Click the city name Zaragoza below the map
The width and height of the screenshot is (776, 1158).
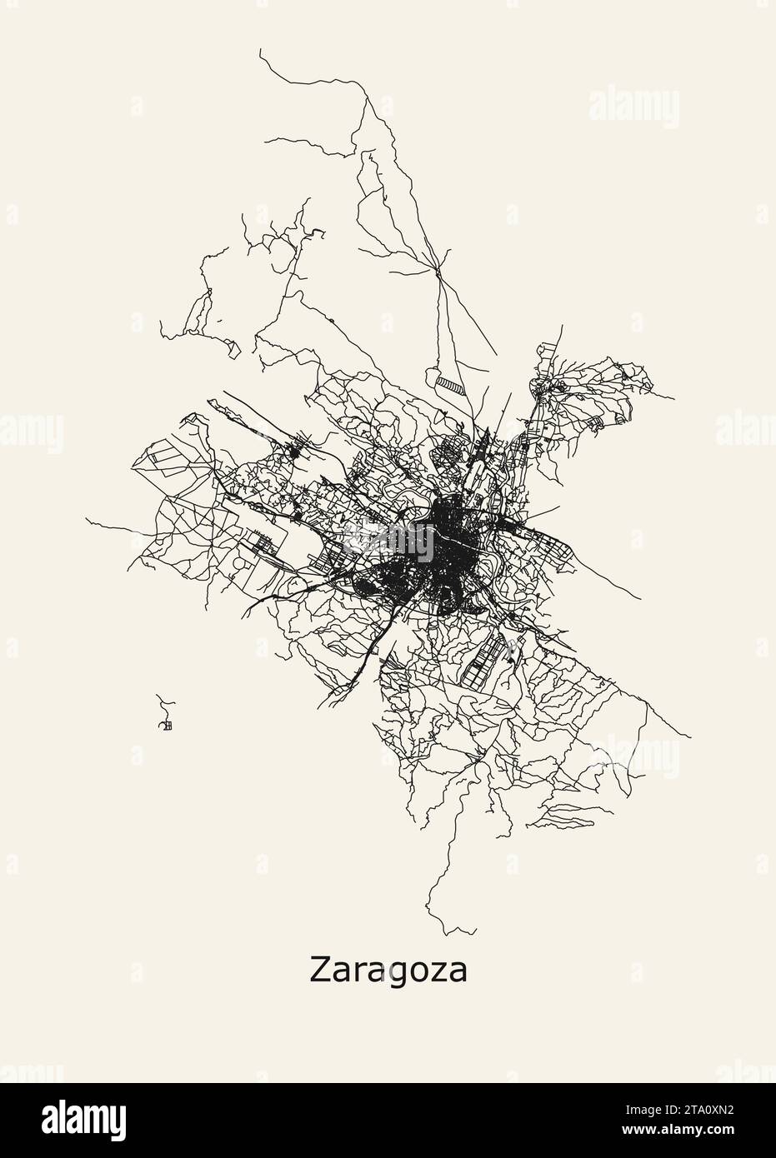388,971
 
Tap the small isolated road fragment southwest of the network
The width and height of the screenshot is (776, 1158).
166,719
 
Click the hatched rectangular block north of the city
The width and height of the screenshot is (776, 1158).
451,385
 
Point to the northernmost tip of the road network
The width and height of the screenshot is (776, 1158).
260,50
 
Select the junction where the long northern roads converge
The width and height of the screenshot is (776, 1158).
437,268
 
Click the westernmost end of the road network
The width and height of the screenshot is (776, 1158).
86,517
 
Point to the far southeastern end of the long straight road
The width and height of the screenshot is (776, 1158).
691,736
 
